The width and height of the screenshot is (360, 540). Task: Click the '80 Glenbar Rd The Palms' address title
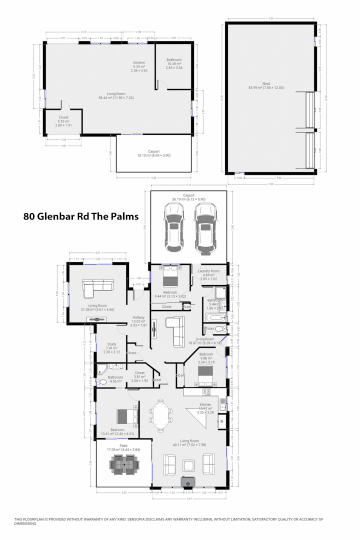point(80,217)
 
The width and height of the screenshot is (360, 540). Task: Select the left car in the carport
point(173,228)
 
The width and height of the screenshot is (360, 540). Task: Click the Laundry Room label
point(208,273)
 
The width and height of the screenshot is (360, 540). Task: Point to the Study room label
point(112,345)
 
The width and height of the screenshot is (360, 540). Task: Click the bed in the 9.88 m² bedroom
point(205,372)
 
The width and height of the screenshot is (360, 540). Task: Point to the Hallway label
point(138,319)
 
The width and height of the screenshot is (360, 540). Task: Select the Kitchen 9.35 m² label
point(139,64)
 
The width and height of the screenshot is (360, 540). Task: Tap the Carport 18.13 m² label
point(153,153)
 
